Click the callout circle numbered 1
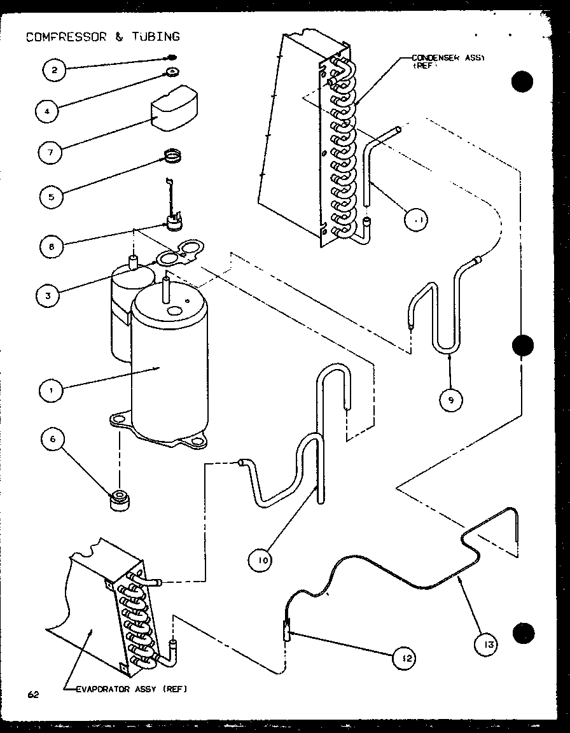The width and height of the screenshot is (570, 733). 52,390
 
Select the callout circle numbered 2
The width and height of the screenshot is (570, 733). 55,70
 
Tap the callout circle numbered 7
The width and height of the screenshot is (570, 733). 50,153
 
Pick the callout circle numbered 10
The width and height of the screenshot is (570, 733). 261,560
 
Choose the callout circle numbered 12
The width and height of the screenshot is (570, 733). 404,659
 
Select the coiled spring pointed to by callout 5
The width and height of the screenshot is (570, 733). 171,155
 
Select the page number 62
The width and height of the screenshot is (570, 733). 33,694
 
